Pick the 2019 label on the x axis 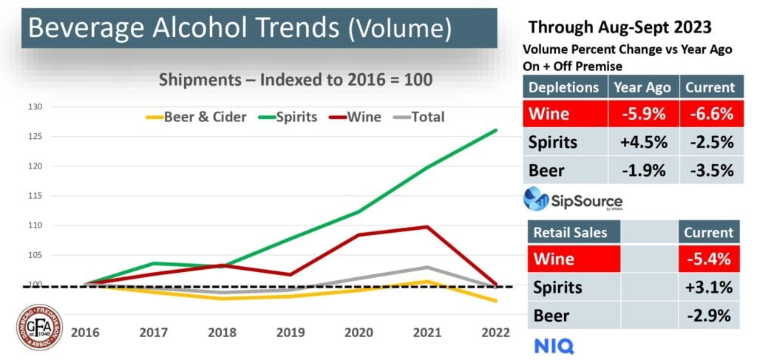click(291, 332)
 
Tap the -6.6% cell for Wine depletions click(710, 115)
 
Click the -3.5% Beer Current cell click(710, 171)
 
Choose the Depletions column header click(563, 87)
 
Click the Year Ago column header click(642, 87)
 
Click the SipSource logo click(573, 200)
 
